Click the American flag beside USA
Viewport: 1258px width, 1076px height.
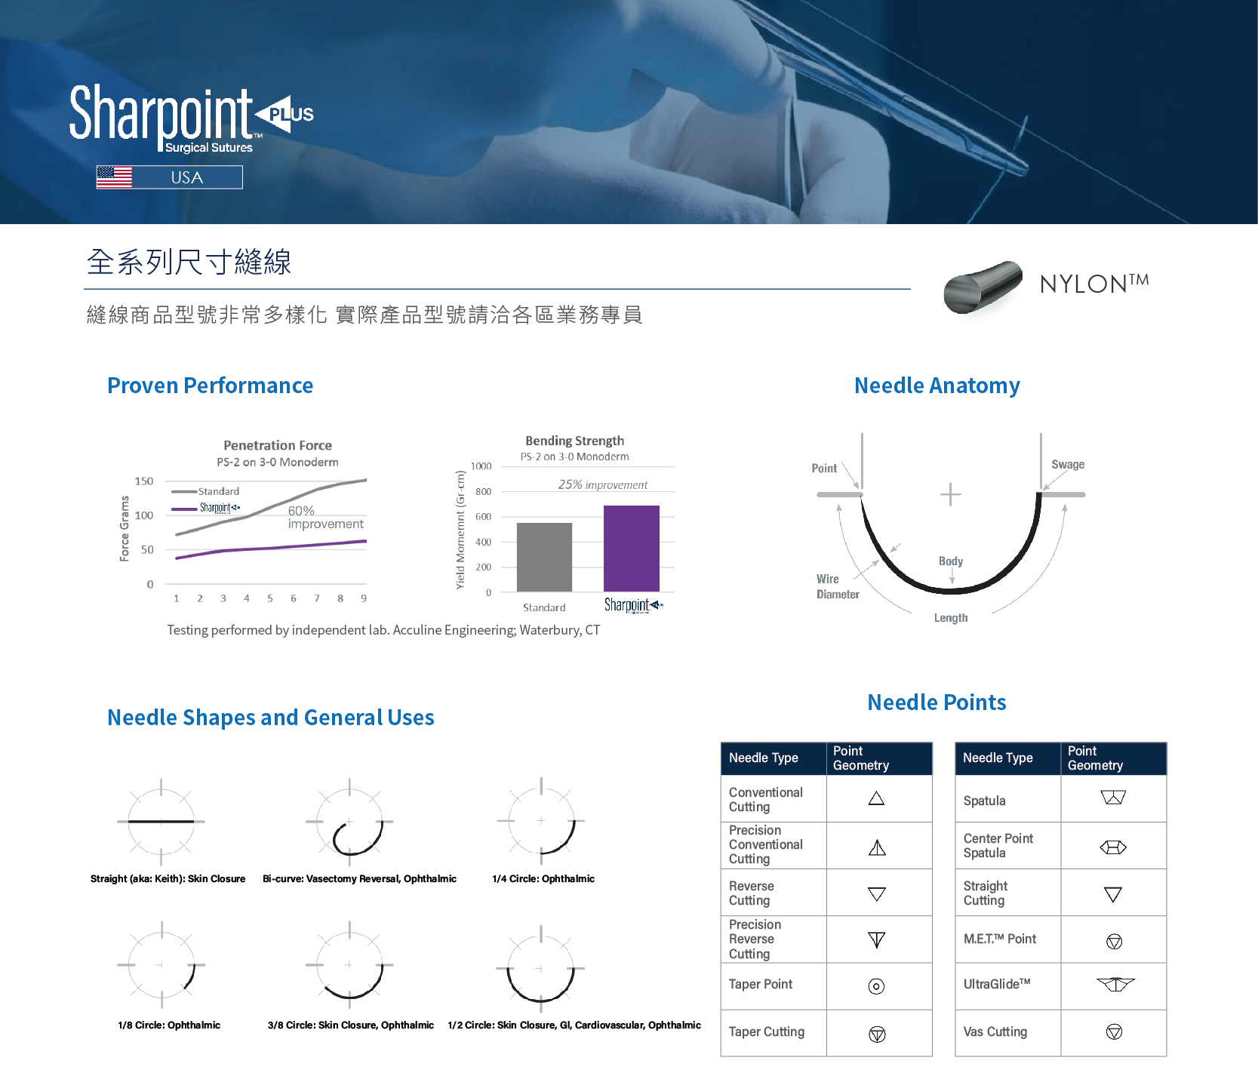point(114,177)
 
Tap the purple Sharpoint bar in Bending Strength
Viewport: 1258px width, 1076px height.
point(632,549)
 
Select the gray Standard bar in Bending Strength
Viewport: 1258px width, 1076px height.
point(544,557)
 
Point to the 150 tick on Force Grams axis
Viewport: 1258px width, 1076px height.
point(143,481)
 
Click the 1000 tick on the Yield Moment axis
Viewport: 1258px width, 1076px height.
point(481,466)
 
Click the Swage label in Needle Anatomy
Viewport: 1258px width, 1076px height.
point(1068,465)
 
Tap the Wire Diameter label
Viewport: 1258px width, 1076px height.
point(838,587)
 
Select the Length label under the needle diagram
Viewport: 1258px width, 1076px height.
point(951,618)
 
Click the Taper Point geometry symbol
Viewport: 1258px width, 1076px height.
point(876,986)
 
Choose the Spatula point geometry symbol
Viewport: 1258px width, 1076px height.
point(1113,798)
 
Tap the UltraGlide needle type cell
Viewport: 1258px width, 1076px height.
point(1007,985)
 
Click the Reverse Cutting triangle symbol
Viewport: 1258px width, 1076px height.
point(876,894)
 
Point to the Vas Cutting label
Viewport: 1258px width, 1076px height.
point(995,1031)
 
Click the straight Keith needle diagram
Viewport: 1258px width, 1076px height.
point(161,821)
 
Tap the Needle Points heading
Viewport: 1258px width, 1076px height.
point(937,702)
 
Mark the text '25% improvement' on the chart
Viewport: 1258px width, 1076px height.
point(603,485)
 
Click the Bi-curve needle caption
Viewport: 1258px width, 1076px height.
point(359,879)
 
